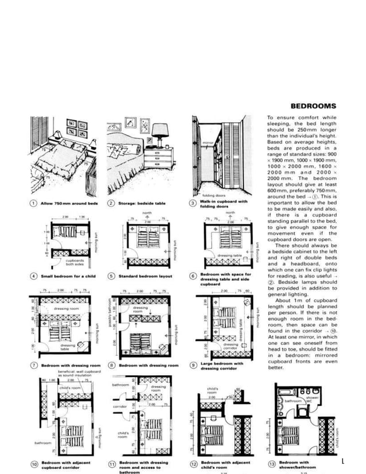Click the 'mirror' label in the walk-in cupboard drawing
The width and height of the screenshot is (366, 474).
[208, 141]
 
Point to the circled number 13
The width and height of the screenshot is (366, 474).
[271, 463]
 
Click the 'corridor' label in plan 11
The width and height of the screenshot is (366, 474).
[120, 406]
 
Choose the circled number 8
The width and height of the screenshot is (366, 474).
[112, 365]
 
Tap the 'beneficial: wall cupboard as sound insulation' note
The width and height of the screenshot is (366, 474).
[80, 374]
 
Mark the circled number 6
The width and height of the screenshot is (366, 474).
[193, 276]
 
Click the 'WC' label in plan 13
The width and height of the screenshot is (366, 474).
[309, 402]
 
